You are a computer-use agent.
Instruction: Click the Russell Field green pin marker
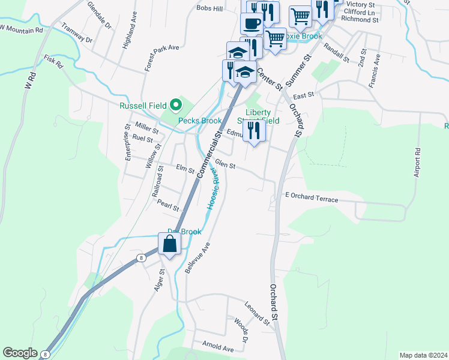176,106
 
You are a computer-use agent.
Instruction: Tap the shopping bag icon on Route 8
170,244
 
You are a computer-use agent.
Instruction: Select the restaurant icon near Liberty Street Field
255,131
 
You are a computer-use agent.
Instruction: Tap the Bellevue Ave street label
197,258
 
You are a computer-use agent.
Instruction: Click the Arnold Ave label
218,348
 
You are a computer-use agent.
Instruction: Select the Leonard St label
257,313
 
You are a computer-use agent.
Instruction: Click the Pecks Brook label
200,121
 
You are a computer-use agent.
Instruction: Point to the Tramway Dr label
77,34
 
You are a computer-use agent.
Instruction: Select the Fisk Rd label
53,62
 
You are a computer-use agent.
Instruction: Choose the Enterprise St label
127,142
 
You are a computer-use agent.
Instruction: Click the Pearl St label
168,204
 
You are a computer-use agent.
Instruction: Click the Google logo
20,353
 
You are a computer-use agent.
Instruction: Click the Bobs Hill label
209,8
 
